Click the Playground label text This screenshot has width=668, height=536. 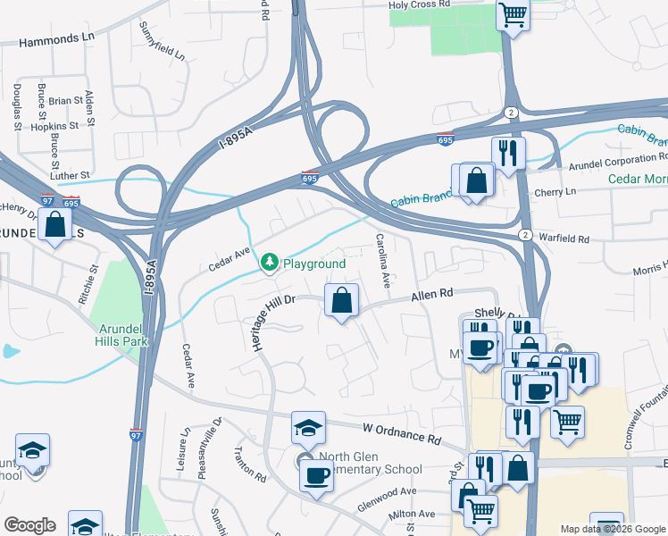click(313, 264)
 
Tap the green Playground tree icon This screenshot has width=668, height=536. click(268, 262)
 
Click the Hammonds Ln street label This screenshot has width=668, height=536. click(55, 41)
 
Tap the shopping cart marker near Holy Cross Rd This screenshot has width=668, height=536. click(513, 14)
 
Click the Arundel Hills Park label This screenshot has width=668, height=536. click(121, 333)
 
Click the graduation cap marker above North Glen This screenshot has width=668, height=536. click(307, 428)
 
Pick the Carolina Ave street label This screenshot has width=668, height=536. click(383, 261)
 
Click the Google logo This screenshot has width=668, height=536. click(29, 525)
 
